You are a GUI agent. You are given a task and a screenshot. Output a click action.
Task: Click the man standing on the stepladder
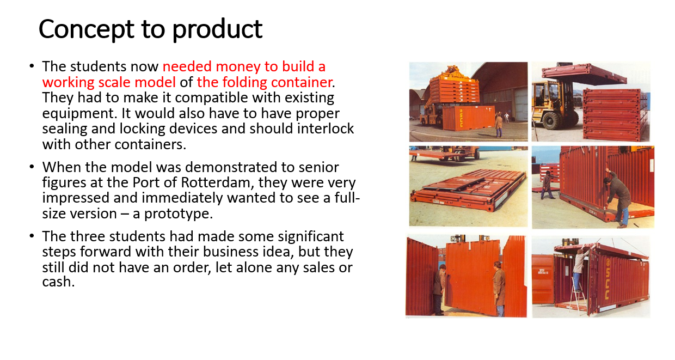(579, 267)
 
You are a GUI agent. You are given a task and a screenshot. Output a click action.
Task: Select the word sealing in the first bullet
(62, 129)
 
